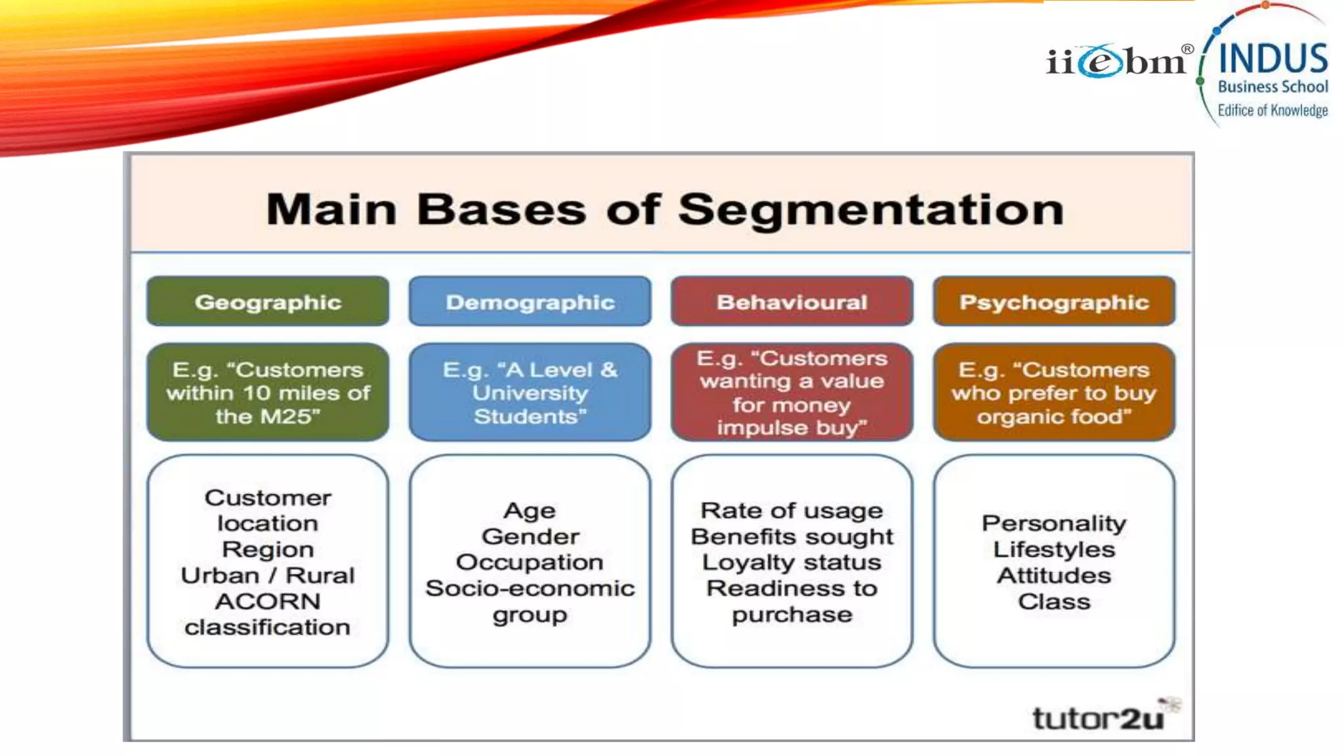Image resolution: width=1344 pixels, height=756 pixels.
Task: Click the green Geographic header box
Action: coord(268,301)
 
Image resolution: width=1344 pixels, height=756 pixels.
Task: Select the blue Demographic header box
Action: coord(530,301)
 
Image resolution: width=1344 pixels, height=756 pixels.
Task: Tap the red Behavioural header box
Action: coord(791,301)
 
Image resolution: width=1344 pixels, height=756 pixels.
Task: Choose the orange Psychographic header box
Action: coord(1054,301)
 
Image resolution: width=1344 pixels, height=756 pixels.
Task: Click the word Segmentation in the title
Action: coord(870,210)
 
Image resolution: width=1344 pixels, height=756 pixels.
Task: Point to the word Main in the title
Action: coord(331,210)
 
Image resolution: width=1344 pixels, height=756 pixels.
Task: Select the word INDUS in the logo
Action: coord(1272,58)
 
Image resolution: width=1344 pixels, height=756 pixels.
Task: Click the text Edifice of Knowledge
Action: coord(1272,110)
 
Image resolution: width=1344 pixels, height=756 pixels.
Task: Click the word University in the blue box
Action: coord(530,393)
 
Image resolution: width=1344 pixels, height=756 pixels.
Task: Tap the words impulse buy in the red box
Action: coord(791,428)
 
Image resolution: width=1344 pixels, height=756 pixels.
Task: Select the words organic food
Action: coord(1054,417)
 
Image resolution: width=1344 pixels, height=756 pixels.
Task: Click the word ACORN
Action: coord(268,601)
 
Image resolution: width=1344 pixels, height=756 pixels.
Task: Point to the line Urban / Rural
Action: coord(268,576)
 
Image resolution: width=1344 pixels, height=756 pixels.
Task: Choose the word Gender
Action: coord(530,537)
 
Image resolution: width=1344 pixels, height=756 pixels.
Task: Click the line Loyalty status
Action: coord(791,562)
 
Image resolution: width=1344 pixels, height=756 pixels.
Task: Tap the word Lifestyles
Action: coord(1054,549)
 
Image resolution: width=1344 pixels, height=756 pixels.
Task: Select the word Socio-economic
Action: coord(530,589)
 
